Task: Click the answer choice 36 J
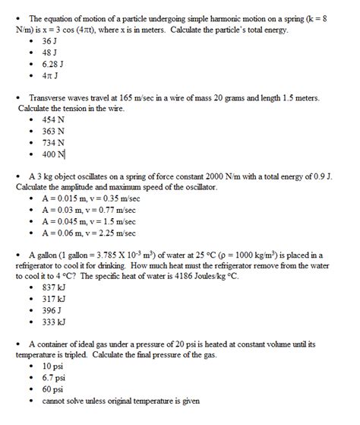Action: [49, 40]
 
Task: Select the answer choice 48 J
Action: [49, 52]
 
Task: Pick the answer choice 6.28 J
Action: [52, 64]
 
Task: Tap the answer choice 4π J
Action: [50, 76]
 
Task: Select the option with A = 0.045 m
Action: [88, 221]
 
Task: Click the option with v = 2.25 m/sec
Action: [88, 233]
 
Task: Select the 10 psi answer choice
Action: [53, 366]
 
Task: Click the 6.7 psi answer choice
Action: [54, 377]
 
